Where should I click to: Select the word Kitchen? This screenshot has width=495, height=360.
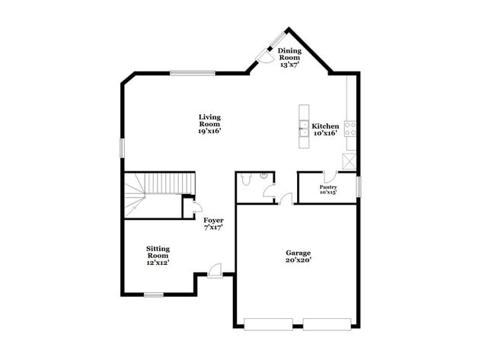click(x=325, y=126)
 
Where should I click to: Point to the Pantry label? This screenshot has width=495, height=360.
click(x=328, y=186)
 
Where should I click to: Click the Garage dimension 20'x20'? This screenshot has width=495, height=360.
click(x=299, y=260)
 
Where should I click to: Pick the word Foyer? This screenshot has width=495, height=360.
click(x=213, y=221)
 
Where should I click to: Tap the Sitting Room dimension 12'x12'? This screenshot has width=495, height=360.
click(x=158, y=263)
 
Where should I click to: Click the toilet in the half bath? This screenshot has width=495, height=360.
click(x=245, y=180)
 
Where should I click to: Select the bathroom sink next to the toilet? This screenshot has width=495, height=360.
click(x=263, y=176)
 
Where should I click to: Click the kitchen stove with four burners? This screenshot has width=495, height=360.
click(x=351, y=128)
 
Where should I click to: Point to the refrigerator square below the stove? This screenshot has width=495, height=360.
click(x=350, y=160)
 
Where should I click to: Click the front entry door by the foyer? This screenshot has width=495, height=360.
click(x=215, y=270)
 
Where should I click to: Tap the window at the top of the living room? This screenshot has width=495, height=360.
click(x=191, y=73)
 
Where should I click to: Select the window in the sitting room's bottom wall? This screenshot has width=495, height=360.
click(x=154, y=294)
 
